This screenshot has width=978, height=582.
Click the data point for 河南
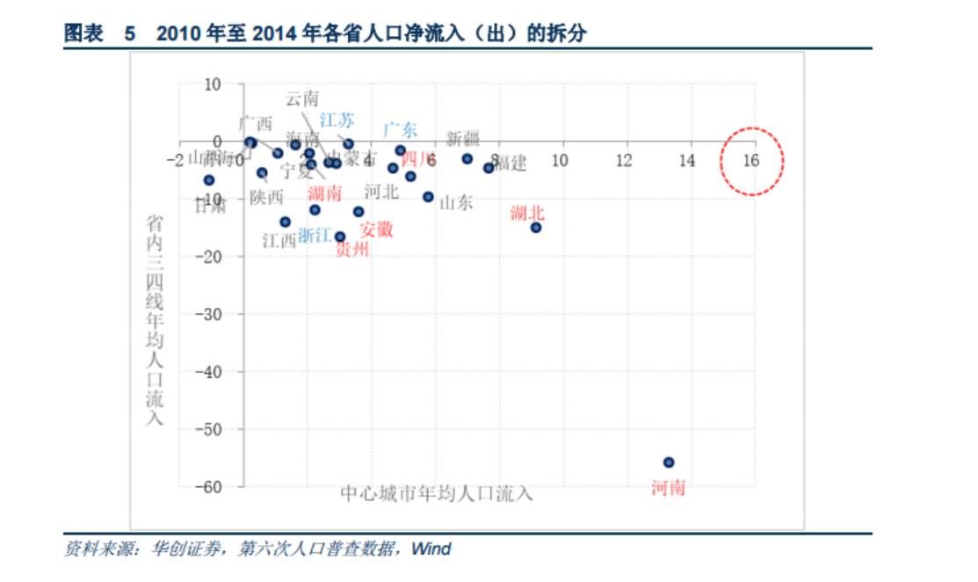click(x=668, y=462)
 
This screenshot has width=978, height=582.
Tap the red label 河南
click(x=668, y=487)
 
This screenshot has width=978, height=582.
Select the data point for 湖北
click(x=535, y=227)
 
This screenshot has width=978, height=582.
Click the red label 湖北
click(x=528, y=212)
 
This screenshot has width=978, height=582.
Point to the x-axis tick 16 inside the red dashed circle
click(x=751, y=160)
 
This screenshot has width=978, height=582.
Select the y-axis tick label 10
click(x=212, y=84)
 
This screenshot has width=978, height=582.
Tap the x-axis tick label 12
click(x=624, y=160)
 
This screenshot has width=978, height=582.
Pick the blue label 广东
click(x=400, y=129)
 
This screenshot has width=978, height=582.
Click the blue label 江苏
click(x=337, y=120)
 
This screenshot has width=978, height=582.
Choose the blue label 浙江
click(x=315, y=235)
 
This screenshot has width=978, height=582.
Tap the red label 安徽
click(x=376, y=229)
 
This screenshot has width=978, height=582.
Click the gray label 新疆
click(x=463, y=137)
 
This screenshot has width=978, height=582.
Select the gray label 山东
click(x=455, y=202)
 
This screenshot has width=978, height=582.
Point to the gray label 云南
click(x=302, y=98)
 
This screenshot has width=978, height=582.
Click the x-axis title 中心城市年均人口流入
click(x=436, y=493)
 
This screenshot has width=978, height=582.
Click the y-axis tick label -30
click(x=207, y=314)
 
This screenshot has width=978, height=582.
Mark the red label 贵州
click(x=352, y=250)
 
